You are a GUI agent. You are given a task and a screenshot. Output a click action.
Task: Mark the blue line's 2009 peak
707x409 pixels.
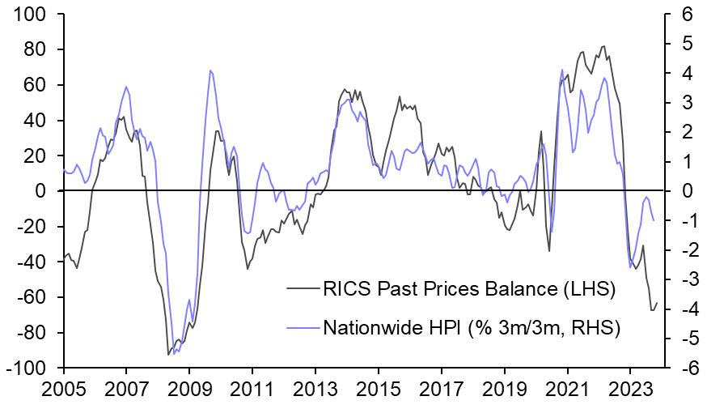tap(210, 70)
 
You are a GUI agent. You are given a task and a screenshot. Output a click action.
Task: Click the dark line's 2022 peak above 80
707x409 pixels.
tap(603, 46)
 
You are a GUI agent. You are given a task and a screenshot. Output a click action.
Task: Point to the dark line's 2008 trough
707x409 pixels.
tap(168, 354)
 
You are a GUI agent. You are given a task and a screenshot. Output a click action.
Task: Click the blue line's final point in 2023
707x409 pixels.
tap(654, 220)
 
